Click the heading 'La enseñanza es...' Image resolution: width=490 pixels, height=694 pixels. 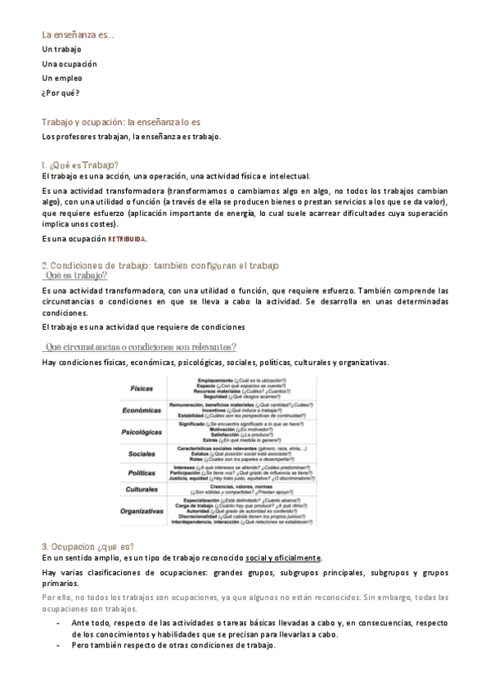coord(78,34)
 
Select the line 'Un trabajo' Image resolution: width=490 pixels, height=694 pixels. coord(61,49)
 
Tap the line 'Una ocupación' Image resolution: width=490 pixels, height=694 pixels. coord(69,64)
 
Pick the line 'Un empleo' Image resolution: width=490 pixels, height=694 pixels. coord(61,78)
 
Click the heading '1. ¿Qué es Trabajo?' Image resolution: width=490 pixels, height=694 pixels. coord(79,164)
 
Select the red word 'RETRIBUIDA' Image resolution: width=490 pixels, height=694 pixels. coord(127,239)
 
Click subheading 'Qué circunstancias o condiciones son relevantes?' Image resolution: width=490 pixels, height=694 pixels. coord(141,347)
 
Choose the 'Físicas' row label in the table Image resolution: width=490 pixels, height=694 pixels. coord(140,387)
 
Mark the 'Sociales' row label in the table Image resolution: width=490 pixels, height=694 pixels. coord(142,453)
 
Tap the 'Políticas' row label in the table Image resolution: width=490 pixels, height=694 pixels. coord(142,472)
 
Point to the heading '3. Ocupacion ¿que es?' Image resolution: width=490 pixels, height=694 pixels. coord(88,546)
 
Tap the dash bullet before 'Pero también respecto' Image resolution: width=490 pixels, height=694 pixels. coord(59,646)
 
